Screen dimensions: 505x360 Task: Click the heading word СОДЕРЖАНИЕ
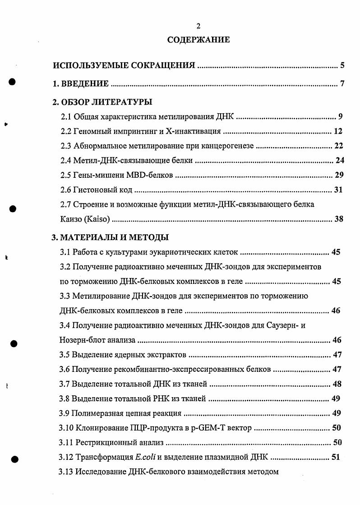click(x=198, y=40)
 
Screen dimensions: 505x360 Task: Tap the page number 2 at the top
click(x=198, y=25)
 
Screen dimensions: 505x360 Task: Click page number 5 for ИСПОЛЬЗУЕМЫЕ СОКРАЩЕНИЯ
click(x=342, y=65)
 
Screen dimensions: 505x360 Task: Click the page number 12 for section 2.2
click(x=338, y=131)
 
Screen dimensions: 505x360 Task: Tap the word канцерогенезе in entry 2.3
click(x=230, y=146)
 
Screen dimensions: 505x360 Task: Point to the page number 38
click(x=338, y=219)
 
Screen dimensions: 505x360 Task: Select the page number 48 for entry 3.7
click(x=337, y=384)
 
